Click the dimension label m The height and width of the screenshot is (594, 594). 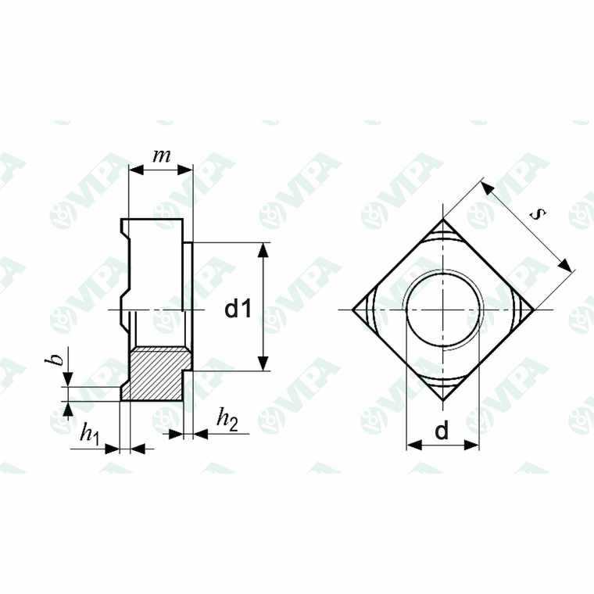(x=161, y=156)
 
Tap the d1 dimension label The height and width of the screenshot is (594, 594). (x=238, y=309)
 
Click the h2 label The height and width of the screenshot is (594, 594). (x=227, y=420)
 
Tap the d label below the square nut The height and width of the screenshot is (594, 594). (x=442, y=430)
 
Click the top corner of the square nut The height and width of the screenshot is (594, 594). (x=443, y=219)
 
